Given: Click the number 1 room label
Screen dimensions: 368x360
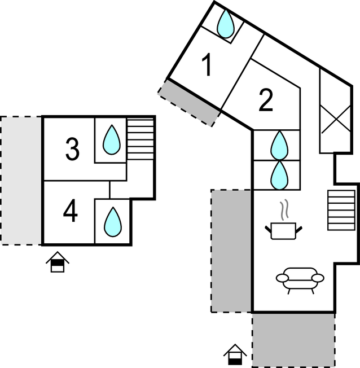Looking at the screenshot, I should click(x=207, y=65).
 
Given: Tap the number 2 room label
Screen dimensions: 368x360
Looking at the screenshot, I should click(x=266, y=100).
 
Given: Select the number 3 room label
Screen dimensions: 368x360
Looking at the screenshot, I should click(x=72, y=150).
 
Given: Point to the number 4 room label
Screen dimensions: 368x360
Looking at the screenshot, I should click(x=70, y=212).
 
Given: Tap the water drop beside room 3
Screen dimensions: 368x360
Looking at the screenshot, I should click(x=111, y=139).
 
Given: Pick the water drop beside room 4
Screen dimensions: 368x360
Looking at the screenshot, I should click(x=113, y=221).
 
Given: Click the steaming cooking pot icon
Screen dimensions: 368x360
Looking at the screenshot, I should click(x=283, y=230).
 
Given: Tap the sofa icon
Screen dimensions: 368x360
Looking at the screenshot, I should click(x=300, y=279).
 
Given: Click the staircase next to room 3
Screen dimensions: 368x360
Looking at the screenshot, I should click(x=140, y=138).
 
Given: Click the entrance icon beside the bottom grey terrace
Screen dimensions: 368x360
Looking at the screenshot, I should click(x=235, y=355).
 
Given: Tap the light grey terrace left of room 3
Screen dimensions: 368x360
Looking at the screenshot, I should click(x=21, y=180).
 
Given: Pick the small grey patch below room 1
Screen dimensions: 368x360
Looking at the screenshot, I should click(x=190, y=102).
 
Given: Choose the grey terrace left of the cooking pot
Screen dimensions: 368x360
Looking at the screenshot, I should click(x=231, y=251).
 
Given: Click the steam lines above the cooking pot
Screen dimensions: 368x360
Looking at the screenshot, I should click(x=286, y=210).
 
